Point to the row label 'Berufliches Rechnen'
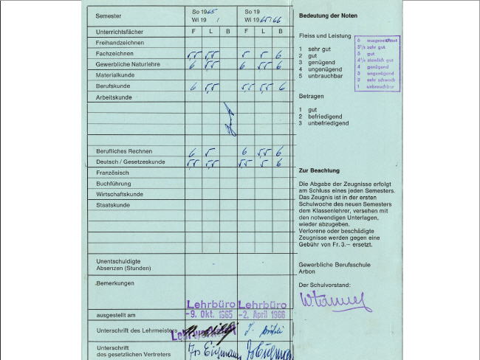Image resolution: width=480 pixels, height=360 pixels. [x=124, y=151]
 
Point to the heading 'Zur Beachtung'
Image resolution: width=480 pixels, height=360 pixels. [x=319, y=170]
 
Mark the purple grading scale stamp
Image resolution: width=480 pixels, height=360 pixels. [x=377, y=63]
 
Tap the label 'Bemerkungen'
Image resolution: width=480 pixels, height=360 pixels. [x=114, y=283]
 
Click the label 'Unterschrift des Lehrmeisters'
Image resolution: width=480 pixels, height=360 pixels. [x=133, y=330]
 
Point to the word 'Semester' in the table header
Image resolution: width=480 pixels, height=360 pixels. [x=109, y=15]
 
